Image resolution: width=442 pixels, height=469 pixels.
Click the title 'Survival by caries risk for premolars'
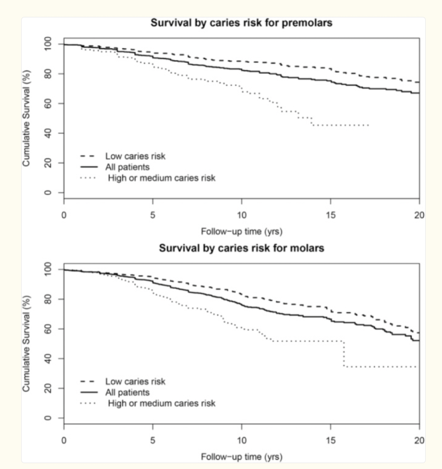tap(241, 23)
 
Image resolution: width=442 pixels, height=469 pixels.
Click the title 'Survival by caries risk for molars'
tap(241, 248)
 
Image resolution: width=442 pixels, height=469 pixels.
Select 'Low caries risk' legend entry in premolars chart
tap(135, 156)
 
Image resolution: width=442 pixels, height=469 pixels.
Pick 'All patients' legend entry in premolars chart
tap(127, 167)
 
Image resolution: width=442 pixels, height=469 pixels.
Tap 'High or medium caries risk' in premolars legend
tap(161, 178)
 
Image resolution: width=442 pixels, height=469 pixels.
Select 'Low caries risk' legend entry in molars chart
tap(135, 381)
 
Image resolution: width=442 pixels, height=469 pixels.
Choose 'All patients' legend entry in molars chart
tap(127, 392)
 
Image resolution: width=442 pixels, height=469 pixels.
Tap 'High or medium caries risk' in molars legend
tap(161, 403)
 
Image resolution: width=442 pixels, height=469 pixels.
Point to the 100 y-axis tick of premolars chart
tap(48, 44)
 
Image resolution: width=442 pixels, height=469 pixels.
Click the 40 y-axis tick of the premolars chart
tap(48, 133)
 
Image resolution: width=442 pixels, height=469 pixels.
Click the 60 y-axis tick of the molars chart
tap(48, 329)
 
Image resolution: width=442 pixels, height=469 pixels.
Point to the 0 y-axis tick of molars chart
tap(48, 418)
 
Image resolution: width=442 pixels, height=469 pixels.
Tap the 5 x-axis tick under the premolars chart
tap(152, 215)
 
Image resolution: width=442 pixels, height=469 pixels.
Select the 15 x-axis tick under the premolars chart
tap(331, 215)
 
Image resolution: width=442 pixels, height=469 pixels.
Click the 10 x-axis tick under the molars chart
tap(242, 441)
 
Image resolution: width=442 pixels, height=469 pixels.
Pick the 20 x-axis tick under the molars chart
tap(419, 441)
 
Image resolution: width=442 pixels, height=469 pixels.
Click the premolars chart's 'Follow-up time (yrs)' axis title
tap(242, 231)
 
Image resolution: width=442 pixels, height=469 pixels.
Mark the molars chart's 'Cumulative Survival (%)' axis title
tap(26, 343)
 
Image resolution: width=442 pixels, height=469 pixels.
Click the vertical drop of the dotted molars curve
tap(344, 354)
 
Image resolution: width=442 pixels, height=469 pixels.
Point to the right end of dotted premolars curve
tap(368, 125)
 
